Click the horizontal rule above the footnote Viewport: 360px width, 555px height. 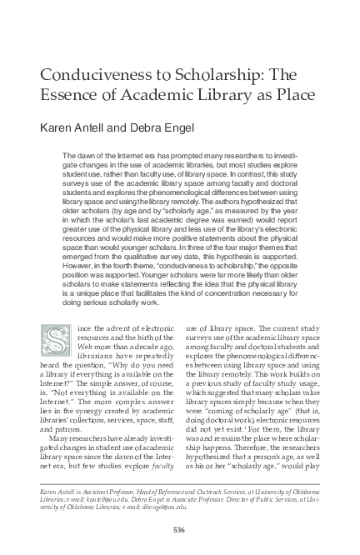tap(179, 477)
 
